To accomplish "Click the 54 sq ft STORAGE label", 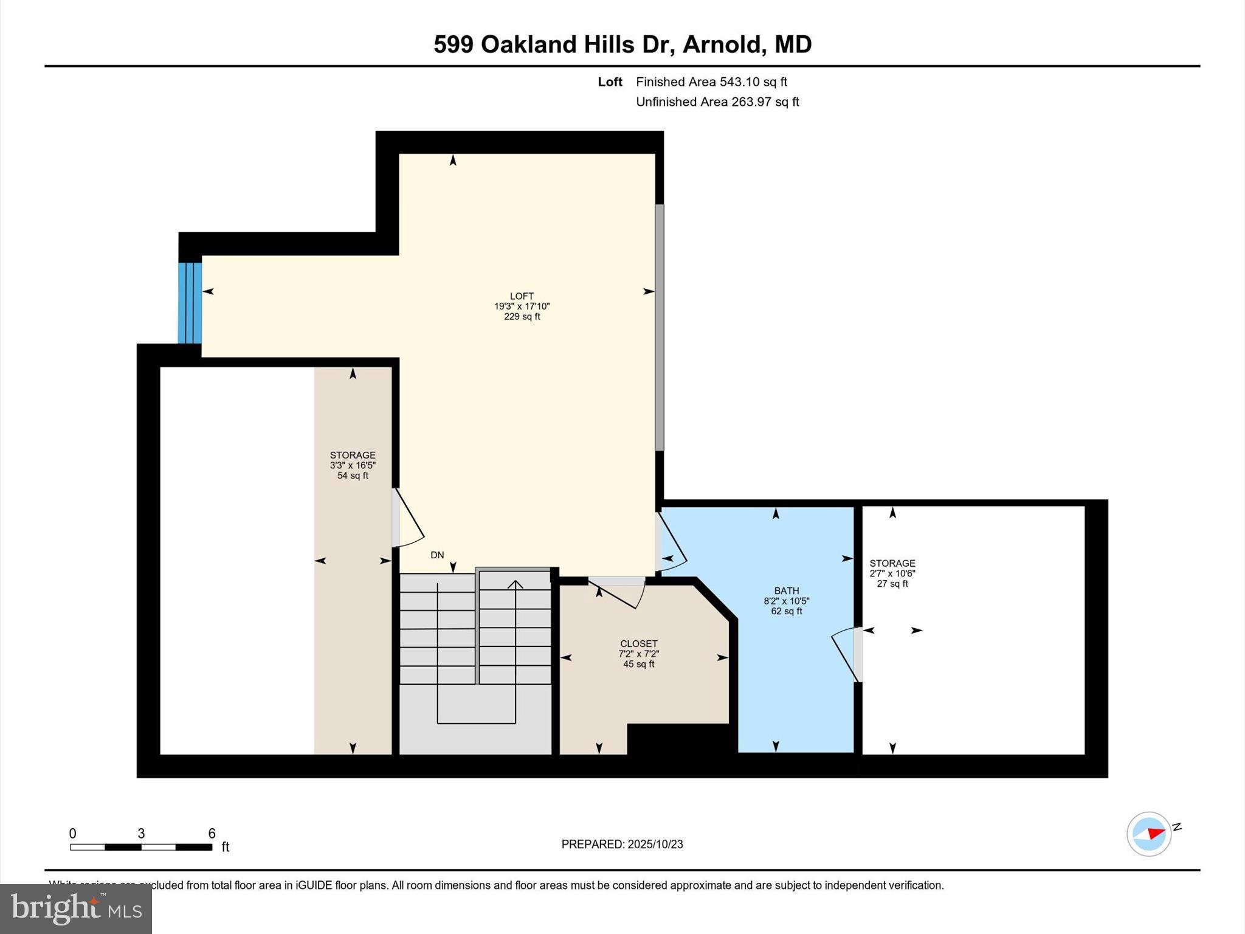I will (353, 465).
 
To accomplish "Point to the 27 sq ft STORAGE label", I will (892, 573).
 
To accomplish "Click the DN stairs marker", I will (437, 555).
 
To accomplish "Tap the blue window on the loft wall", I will (190, 303).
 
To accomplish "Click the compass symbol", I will (1148, 834).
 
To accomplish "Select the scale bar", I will (141, 846).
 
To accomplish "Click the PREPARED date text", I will (622, 844).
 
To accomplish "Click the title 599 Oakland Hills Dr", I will (622, 44).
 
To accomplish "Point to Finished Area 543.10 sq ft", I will (711, 81).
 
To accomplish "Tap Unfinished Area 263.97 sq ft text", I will (717, 102).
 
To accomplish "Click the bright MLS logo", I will (76, 908).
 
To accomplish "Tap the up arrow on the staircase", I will (516, 585).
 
